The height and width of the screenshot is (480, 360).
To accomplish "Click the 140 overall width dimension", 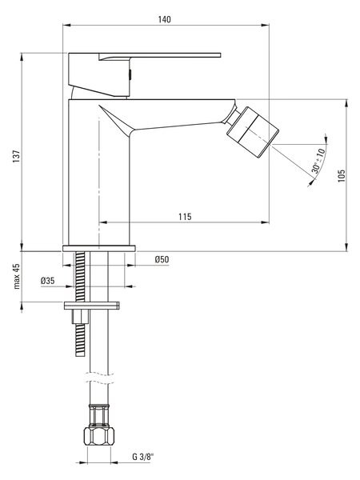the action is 164,19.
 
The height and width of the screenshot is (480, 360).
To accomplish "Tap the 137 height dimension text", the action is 17,157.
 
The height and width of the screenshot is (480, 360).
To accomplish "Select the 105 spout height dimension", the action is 342,176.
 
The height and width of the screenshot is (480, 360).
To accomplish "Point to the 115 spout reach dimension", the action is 185,217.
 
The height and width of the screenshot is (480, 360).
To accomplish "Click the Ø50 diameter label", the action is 162,259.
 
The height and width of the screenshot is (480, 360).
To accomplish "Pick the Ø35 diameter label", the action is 48,281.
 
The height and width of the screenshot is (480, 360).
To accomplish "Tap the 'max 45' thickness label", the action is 17,276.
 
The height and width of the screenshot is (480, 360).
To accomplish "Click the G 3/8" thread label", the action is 142,458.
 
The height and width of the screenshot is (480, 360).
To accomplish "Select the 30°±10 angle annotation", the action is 318,161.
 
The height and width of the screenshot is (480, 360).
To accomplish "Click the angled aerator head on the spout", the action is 253,132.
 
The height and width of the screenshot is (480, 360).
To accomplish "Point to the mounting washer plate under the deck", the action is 91,306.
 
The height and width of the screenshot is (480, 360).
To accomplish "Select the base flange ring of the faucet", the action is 99,248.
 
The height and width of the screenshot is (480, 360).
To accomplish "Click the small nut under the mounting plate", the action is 80,317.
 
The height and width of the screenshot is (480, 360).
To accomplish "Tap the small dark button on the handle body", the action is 130,74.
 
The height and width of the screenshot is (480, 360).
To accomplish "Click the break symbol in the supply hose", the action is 99,378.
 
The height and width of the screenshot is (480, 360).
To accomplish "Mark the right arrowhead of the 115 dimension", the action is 265,222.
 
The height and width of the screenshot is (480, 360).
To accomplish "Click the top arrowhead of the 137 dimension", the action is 22,57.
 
